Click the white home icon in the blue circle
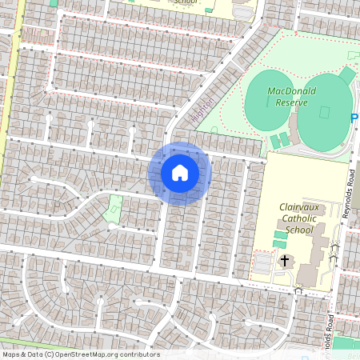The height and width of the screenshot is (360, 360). point(180,173)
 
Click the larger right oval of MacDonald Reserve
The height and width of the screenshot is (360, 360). point(325,113)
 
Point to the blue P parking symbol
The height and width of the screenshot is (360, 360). point(354,118)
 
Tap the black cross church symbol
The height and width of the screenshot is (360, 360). point(283,261)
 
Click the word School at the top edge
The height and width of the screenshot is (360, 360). point(185,2)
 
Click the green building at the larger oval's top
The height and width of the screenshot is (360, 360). point(347,74)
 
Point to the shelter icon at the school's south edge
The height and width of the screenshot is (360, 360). point(298,290)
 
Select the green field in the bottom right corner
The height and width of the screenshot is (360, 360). point(346,343)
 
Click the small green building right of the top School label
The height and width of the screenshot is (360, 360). point(209,9)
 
